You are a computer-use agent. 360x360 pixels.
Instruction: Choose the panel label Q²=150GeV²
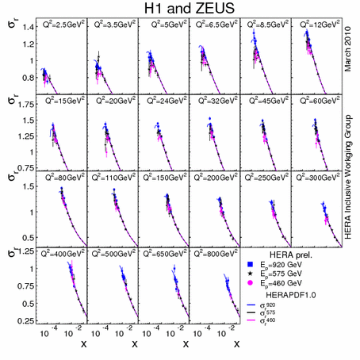pos(164,177)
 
